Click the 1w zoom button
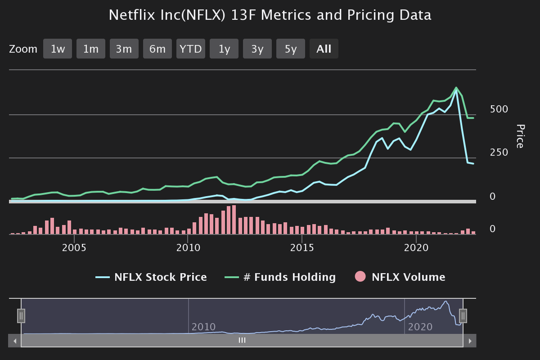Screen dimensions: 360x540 [x=58, y=49]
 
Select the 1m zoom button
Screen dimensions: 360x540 [x=91, y=49]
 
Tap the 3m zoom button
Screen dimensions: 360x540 [x=124, y=49]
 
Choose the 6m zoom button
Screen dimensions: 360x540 [x=157, y=49]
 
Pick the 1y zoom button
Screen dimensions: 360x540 [x=224, y=49]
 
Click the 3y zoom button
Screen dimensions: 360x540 [x=257, y=49]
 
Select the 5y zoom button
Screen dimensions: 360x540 [x=291, y=49]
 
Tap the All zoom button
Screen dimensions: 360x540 [x=324, y=49]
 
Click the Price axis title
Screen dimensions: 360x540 [x=520, y=136]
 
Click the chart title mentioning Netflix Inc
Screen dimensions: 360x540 [x=270, y=15]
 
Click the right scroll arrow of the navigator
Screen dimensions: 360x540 [x=470, y=341]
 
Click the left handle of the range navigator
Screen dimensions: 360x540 [x=21, y=316]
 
